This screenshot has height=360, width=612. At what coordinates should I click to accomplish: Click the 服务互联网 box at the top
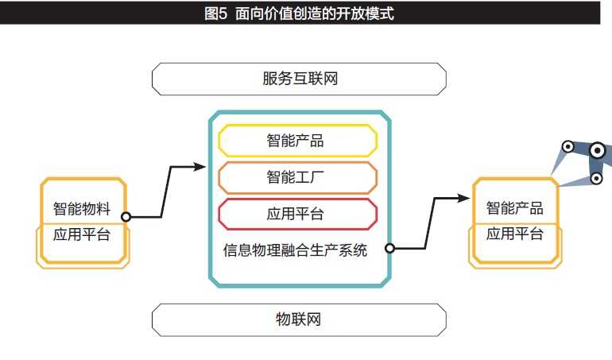pos(299,79)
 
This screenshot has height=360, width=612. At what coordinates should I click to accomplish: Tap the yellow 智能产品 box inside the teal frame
pos(296,141)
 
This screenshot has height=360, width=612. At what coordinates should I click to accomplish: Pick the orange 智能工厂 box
pos(296,178)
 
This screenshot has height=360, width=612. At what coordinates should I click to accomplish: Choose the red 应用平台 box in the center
pos(296,215)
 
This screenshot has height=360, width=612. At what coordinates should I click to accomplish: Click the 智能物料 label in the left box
pos(81,210)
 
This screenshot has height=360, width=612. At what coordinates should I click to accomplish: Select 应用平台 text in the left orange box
pos(81,235)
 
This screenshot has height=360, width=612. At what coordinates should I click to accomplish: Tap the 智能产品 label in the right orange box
pos(514,208)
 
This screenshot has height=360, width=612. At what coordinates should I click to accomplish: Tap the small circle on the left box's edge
pos(126,215)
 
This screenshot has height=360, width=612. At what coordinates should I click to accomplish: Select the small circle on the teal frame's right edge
pos(390,248)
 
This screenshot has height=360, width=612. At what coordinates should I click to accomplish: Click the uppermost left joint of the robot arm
pos(568,147)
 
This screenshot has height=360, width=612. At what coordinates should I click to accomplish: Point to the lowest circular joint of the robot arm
pos(596,179)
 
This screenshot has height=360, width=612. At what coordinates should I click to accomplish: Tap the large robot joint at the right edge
pos(598,149)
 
